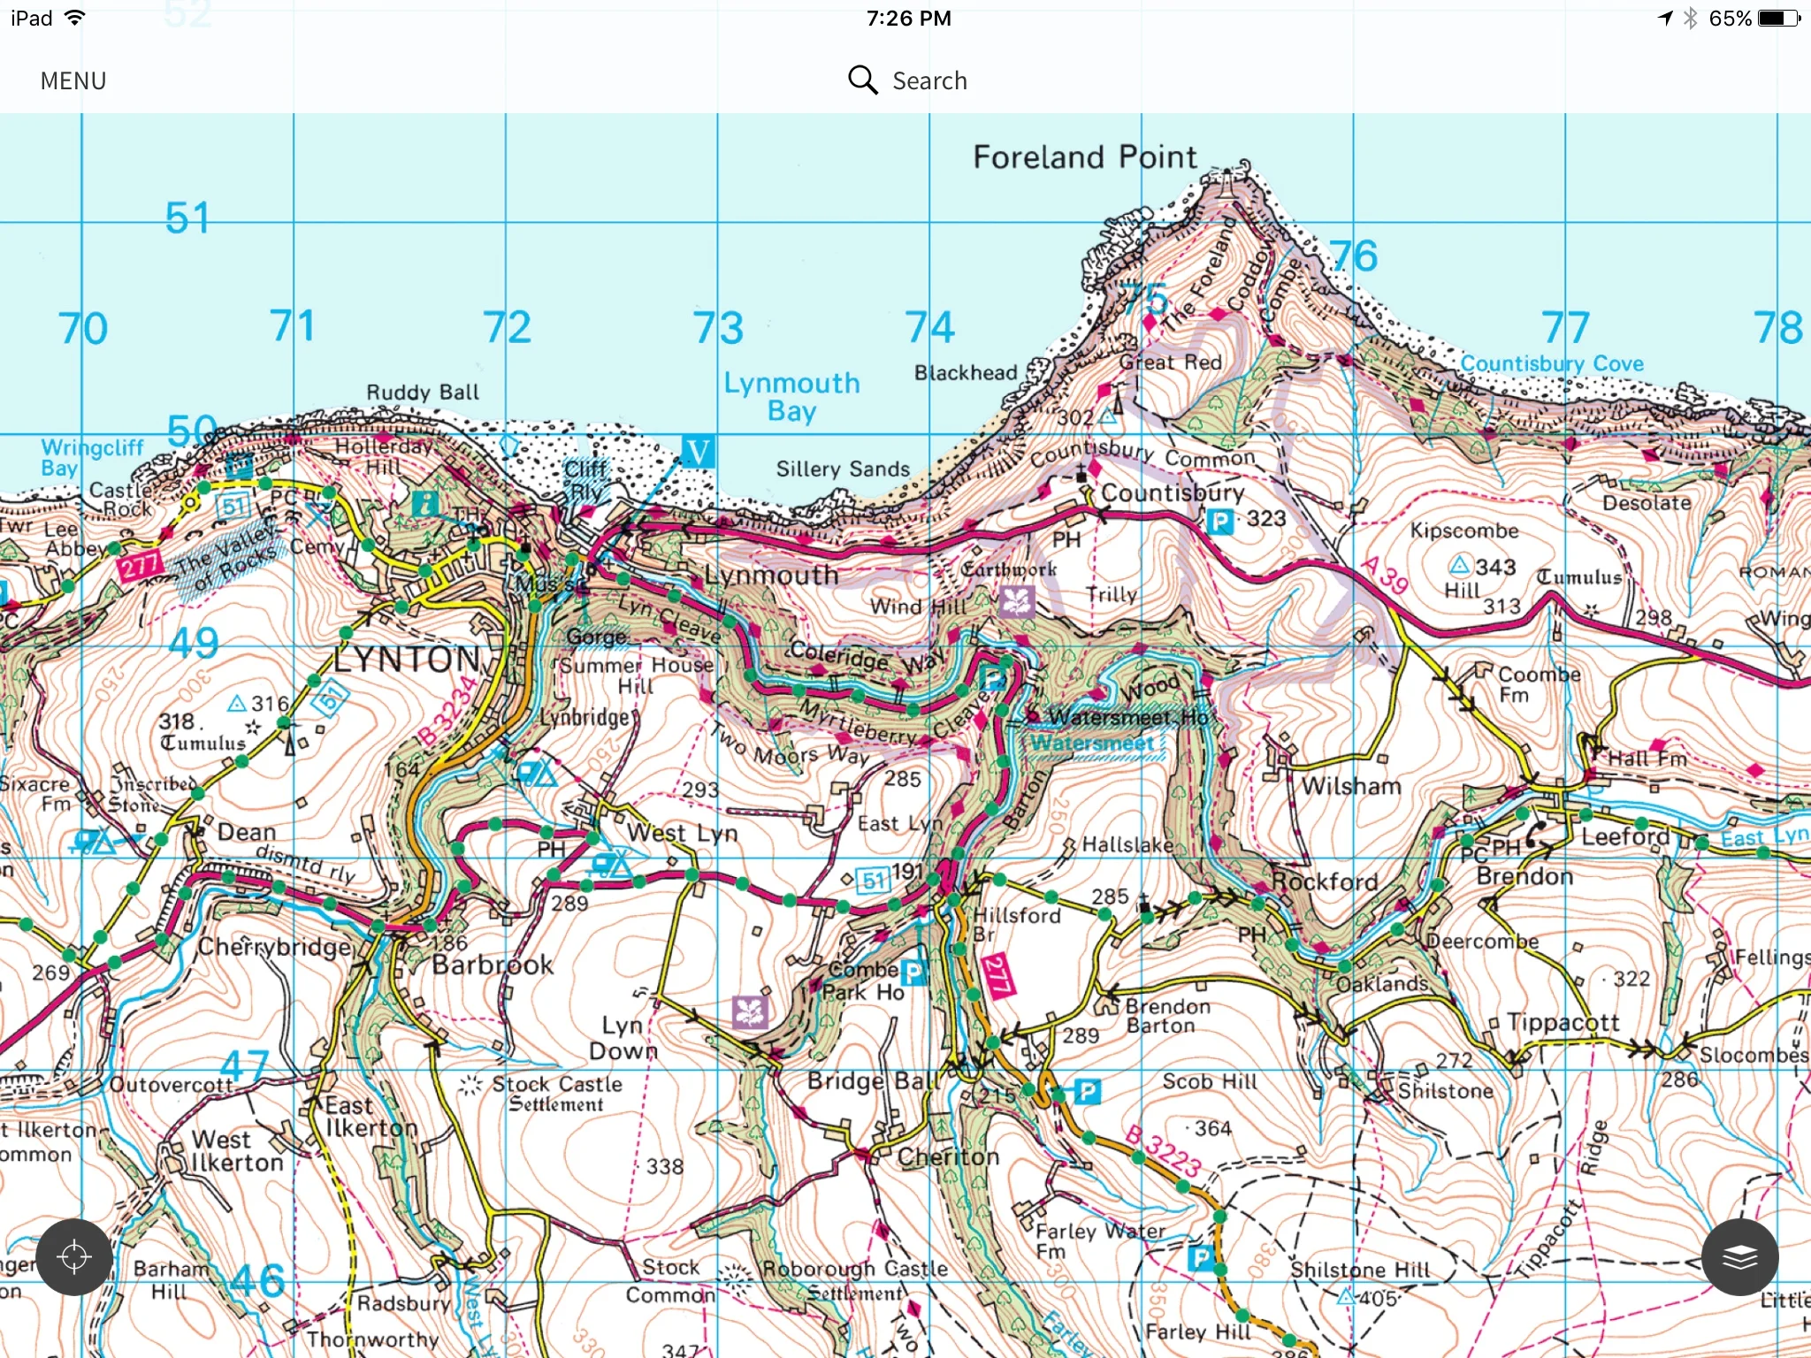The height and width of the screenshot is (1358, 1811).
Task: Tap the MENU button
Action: [x=73, y=81]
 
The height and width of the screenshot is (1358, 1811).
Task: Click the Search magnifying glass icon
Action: [x=862, y=80]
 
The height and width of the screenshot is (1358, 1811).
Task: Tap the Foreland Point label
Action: [x=1084, y=157]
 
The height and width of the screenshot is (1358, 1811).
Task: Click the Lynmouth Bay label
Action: [x=791, y=396]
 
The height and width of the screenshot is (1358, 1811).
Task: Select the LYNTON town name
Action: [x=407, y=660]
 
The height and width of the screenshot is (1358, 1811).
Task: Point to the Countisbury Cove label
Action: [x=1552, y=363]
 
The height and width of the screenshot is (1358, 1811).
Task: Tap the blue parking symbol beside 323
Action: [x=1220, y=522]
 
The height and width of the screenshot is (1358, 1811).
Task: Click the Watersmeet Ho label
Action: [x=1127, y=717]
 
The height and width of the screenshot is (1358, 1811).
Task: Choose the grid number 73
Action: [x=717, y=328]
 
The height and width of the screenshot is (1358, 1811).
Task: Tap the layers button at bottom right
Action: [x=1739, y=1257]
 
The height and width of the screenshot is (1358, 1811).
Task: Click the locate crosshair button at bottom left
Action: [x=74, y=1257]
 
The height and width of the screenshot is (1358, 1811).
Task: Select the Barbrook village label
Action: [x=493, y=965]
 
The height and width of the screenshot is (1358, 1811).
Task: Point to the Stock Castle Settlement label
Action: [x=556, y=1094]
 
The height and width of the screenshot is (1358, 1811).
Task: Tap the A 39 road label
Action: [x=1385, y=576]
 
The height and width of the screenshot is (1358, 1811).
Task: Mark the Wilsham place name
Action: [x=1350, y=786]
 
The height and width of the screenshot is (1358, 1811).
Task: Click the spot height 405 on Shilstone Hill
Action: [x=1378, y=1299]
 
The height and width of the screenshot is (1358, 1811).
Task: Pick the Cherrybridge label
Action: [x=274, y=947]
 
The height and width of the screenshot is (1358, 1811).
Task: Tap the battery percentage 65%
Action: [x=1730, y=19]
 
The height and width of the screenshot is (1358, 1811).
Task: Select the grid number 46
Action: [x=257, y=1280]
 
